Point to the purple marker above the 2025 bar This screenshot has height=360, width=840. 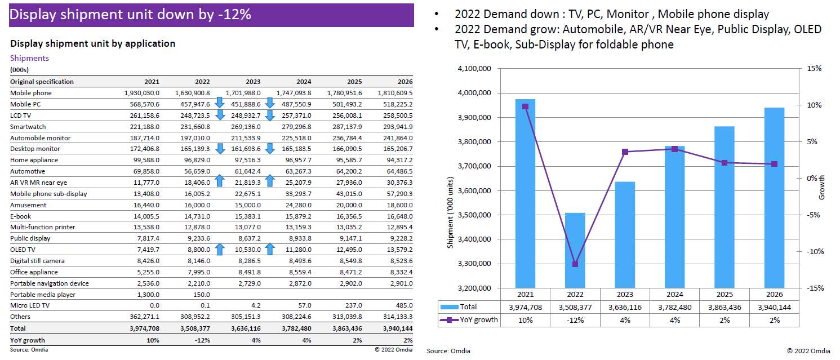pyautogui.click(x=725, y=163)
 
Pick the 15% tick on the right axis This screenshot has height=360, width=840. pyautogui.click(x=815, y=69)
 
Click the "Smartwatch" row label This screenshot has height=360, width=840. pyautogui.click(x=28, y=127)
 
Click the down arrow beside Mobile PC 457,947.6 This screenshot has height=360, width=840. pyautogui.click(x=220, y=103)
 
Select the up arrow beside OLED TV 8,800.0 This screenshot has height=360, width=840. pyautogui.click(x=220, y=248)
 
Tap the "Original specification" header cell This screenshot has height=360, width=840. pyautogui.click(x=42, y=82)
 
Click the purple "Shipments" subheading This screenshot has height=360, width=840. pyautogui.click(x=29, y=58)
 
